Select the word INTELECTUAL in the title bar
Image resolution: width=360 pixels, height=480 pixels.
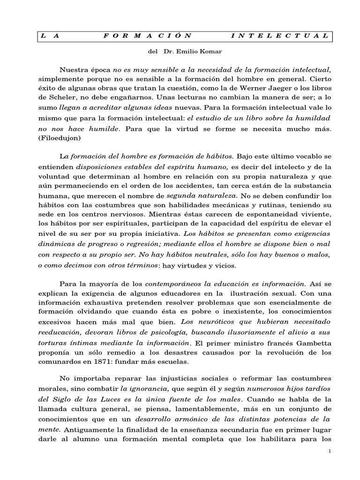point(280,36)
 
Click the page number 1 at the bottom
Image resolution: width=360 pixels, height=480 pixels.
point(330,450)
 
